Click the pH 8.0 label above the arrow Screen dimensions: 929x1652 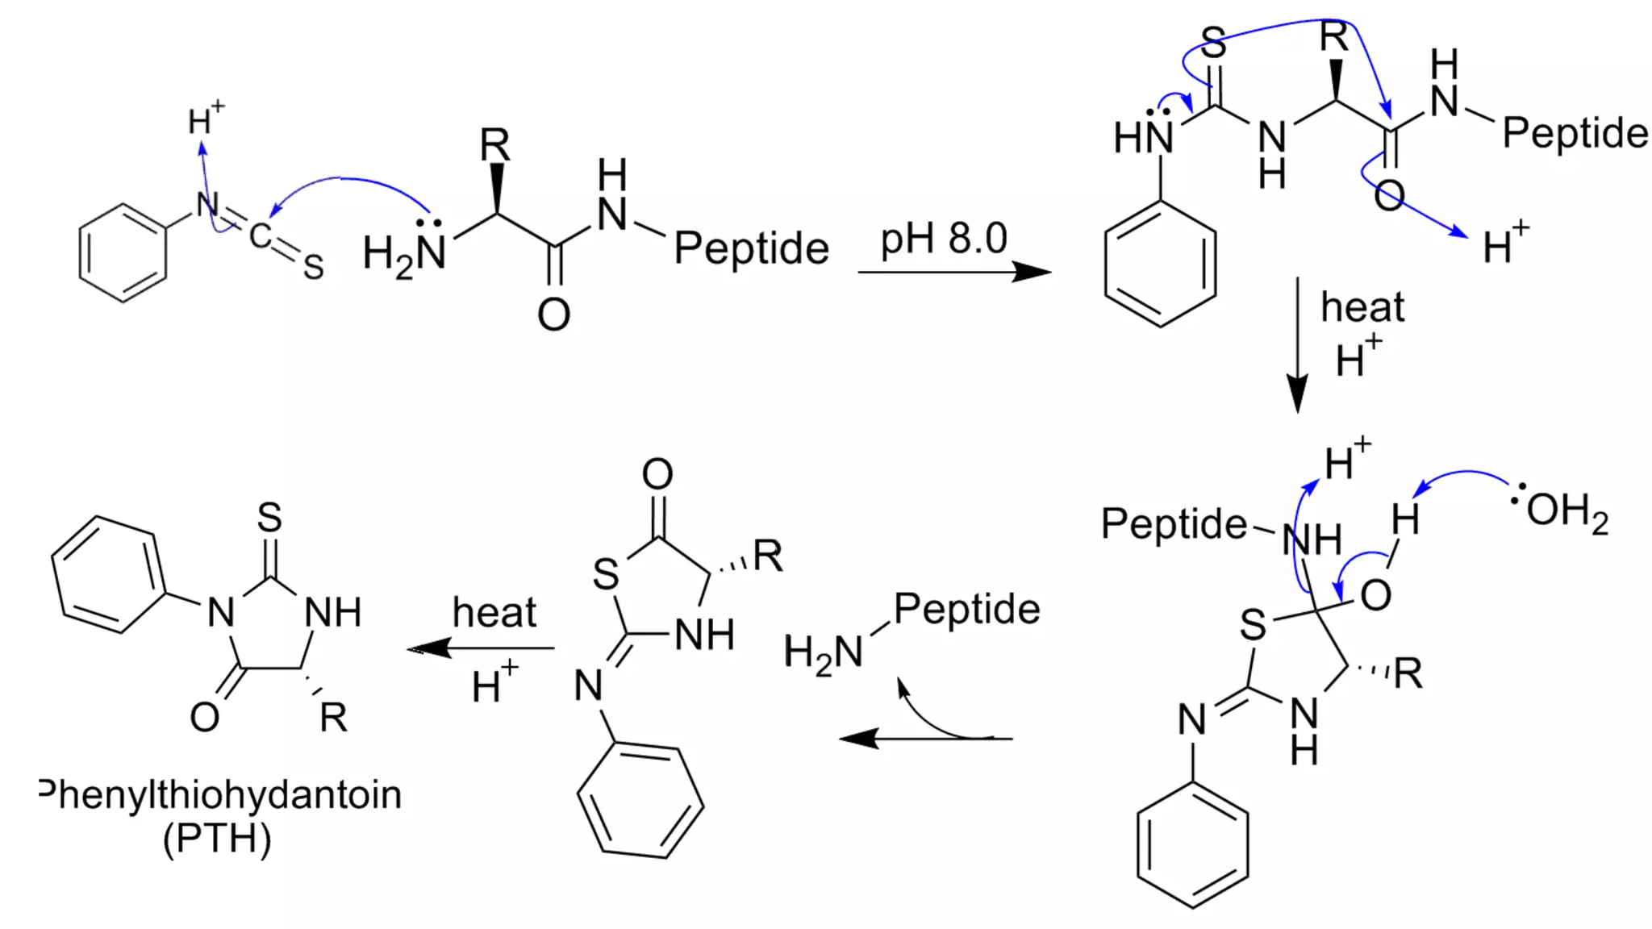click(943, 239)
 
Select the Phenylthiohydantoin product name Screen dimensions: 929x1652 click(220, 795)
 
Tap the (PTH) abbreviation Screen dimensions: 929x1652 click(217, 839)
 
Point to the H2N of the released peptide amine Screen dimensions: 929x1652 click(824, 652)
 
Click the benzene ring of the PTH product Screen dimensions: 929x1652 click(108, 574)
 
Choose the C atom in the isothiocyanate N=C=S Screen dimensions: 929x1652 click(260, 236)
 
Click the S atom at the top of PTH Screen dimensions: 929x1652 click(269, 518)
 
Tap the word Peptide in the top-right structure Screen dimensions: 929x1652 click(1575, 133)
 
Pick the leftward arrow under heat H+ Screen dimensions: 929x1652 click(482, 648)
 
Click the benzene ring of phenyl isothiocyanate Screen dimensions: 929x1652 click(123, 253)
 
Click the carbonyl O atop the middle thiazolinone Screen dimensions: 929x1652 click(657, 474)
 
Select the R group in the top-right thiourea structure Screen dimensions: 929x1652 click(1334, 38)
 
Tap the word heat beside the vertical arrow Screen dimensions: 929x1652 click(1362, 307)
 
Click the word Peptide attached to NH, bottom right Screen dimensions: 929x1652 click(1174, 524)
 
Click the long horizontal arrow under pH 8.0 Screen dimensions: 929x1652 click(954, 272)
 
